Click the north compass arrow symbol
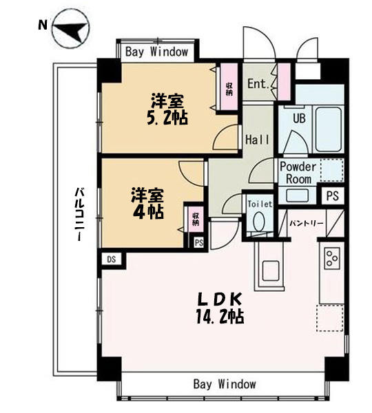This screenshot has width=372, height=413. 71,28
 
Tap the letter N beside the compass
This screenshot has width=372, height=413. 43,25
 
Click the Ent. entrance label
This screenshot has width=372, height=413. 258,84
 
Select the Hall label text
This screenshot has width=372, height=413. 258,139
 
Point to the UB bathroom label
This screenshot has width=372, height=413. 299,118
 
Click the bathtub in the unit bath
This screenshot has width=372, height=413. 328,129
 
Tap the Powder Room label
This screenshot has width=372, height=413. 298,173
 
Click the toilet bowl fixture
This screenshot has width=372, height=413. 258,221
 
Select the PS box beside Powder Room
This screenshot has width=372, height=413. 333,195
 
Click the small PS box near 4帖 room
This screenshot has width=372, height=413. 199,242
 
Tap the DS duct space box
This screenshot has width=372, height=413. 112,260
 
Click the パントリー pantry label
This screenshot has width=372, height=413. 307,224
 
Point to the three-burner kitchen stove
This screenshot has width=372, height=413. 332,258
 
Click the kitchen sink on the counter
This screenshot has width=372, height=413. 271,271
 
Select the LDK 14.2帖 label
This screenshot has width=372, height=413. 220,308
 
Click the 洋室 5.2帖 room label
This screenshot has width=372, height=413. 167,109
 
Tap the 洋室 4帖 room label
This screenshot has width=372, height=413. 147,203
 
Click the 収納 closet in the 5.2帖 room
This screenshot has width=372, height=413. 229,87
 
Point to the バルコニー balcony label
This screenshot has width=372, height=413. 79,214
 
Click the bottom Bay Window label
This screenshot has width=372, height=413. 225,384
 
